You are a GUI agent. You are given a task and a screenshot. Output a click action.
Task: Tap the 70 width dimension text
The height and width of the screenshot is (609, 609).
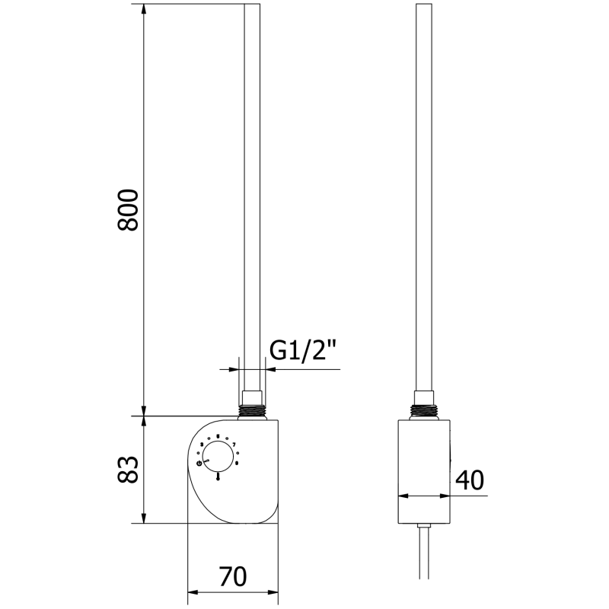234,577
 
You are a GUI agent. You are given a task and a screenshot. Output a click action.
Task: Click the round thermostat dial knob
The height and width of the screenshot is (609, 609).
218,457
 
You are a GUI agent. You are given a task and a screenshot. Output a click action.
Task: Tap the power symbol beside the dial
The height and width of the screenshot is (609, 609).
199,463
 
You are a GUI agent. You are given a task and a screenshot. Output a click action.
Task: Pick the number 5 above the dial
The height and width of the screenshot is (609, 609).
218,437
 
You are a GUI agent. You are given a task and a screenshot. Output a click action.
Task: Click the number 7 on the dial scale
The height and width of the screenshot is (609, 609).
234,445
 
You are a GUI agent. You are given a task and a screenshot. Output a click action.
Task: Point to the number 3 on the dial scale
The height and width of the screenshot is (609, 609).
202,445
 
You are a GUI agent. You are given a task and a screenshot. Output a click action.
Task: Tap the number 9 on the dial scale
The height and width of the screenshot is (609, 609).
237,463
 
